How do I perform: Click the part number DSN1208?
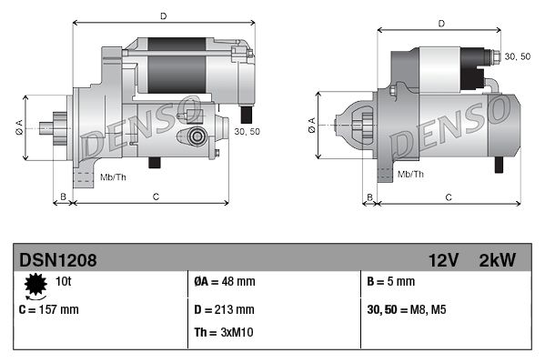58,260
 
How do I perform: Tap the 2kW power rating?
497,260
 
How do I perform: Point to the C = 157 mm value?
49,309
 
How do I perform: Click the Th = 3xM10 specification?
225,332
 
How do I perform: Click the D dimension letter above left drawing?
163,16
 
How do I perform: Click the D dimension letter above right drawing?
440,24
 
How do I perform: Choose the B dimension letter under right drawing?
368,196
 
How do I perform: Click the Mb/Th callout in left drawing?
114,176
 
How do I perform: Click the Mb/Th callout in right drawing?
410,172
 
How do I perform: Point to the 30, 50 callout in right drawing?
517,56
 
